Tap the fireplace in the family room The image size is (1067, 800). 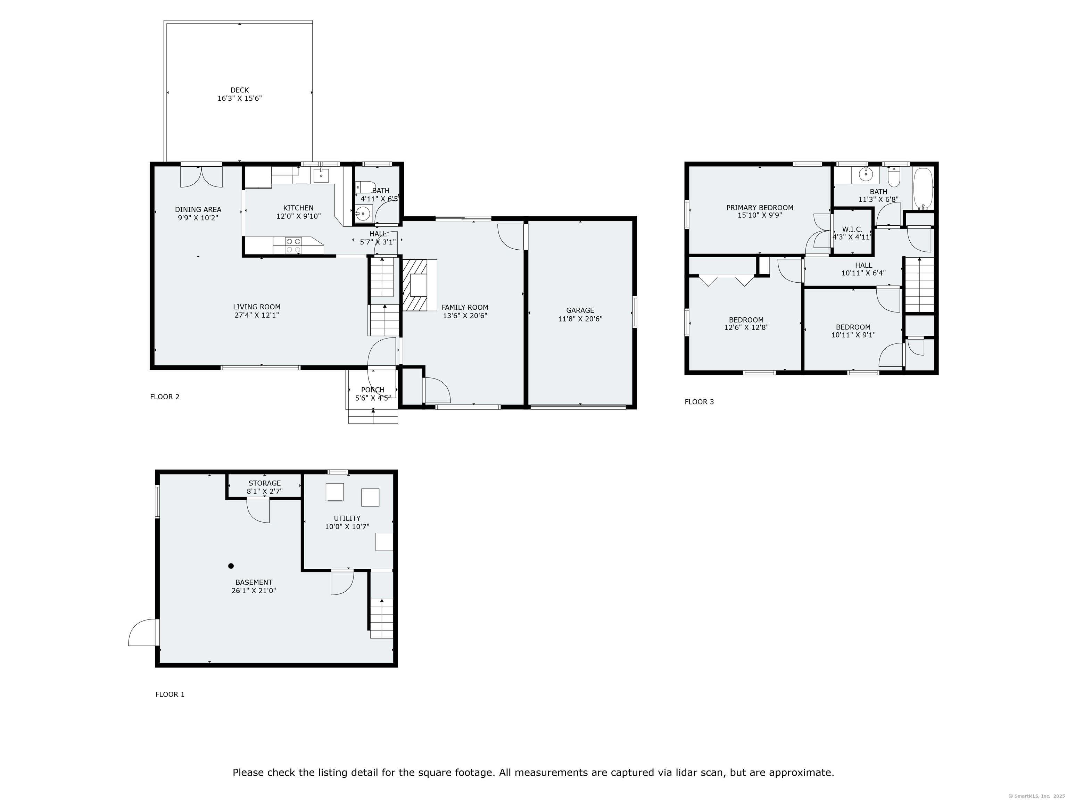coord(418,285)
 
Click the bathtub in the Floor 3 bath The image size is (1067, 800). coord(923,188)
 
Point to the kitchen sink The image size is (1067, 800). coord(321,176)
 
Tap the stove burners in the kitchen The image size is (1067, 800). coord(293,245)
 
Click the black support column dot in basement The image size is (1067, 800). coord(231,566)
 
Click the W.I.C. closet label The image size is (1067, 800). coord(852,230)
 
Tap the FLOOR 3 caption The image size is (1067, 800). coord(699,402)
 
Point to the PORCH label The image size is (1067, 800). coord(372,390)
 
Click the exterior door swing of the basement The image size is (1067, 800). coord(143,633)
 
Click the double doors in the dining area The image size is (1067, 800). coord(202,176)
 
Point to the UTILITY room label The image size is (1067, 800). coord(347,518)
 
